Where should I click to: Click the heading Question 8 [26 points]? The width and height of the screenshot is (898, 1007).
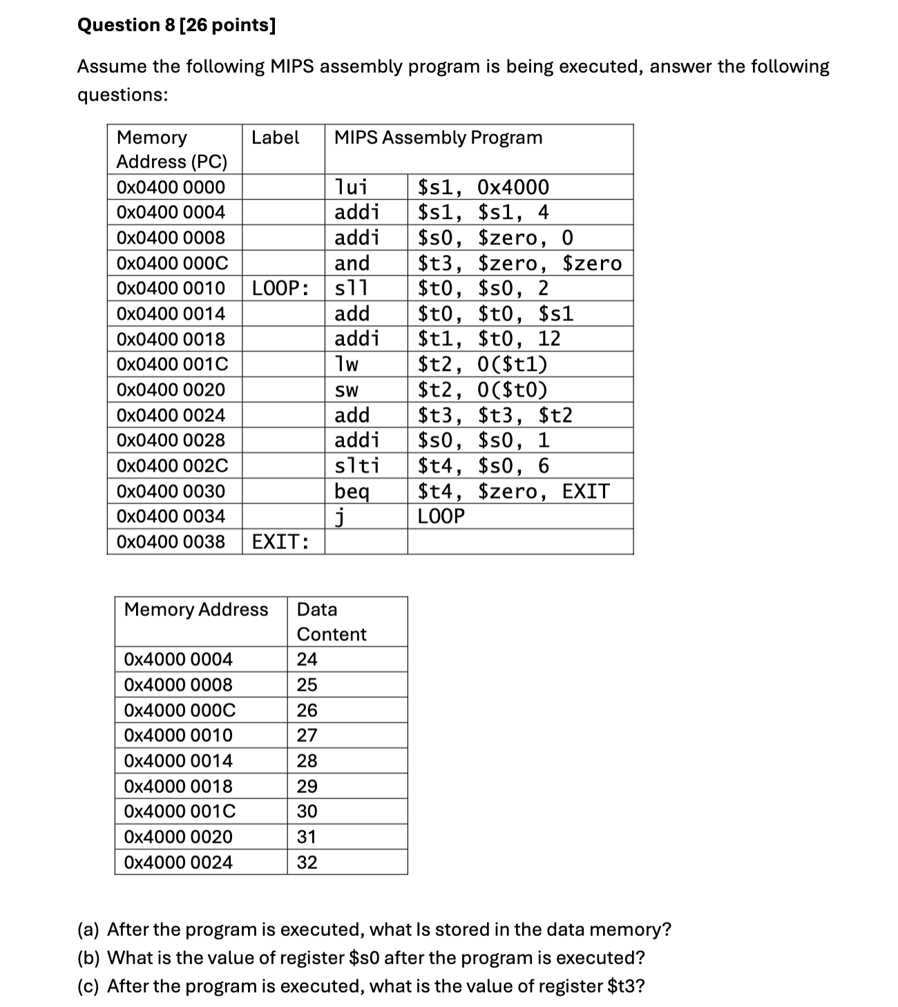pyautogui.click(x=176, y=26)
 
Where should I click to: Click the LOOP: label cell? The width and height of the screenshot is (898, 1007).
pyautogui.click(x=280, y=288)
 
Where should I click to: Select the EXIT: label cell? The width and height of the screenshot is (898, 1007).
pyautogui.click(x=280, y=541)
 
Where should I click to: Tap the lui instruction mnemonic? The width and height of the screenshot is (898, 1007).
pyautogui.click(x=351, y=187)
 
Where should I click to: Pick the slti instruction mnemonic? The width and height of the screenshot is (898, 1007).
pyautogui.click(x=356, y=466)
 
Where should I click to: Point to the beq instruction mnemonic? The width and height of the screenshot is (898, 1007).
pyautogui.click(x=352, y=492)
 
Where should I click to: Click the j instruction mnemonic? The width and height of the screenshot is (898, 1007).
pyautogui.click(x=339, y=517)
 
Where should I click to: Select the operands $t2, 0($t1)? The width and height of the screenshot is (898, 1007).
pyautogui.click(x=483, y=365)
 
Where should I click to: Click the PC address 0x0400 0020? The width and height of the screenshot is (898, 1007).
pyautogui.click(x=171, y=390)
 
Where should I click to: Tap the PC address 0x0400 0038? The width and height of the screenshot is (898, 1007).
pyautogui.click(x=171, y=541)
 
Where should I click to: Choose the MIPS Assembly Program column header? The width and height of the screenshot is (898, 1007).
pyautogui.click(x=438, y=137)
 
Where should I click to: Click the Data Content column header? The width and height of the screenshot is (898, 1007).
pyautogui.click(x=332, y=622)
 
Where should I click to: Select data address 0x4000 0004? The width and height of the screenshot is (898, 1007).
pyautogui.click(x=178, y=660)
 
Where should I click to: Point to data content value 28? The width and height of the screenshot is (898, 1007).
pyautogui.click(x=307, y=761)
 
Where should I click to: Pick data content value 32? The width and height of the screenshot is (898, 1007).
pyautogui.click(x=307, y=863)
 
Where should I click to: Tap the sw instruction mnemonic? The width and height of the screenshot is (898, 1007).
pyautogui.click(x=347, y=390)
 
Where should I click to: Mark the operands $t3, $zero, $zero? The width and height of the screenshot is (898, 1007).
pyautogui.click(x=519, y=263)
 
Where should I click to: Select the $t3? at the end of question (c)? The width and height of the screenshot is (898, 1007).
pyautogui.click(x=626, y=986)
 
